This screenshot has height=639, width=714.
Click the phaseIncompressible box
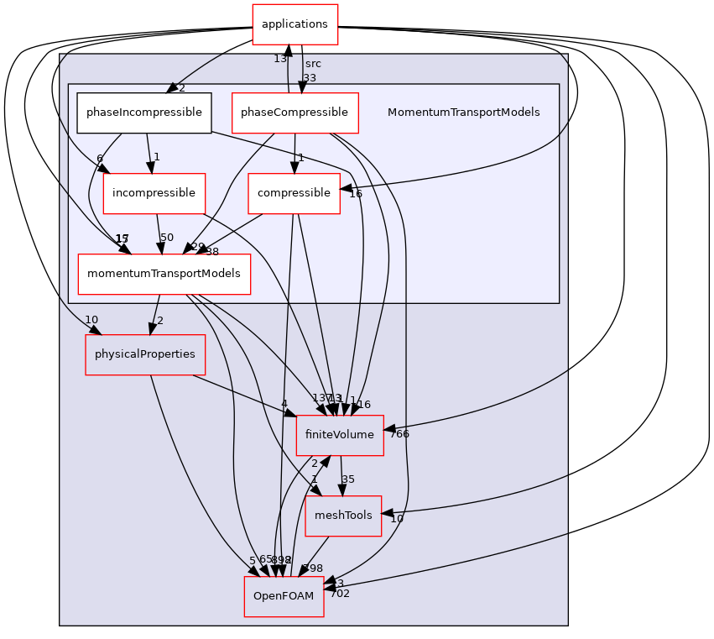(143, 113)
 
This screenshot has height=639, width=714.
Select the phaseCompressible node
(294, 113)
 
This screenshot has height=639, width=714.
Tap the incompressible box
(154, 193)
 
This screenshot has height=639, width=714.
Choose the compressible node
(294, 193)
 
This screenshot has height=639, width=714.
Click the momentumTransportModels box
(164, 274)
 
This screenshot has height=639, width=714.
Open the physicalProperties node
(144, 354)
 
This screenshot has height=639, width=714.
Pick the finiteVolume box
(340, 435)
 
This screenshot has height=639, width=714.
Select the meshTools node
(342, 516)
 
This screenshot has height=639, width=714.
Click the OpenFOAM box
(284, 596)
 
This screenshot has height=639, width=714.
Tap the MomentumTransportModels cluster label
(463, 113)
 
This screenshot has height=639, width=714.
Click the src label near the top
(313, 64)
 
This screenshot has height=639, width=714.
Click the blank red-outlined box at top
(295, 24)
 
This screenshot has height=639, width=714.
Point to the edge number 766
(399, 434)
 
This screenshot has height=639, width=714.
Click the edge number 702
(340, 594)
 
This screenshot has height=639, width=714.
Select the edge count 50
(167, 238)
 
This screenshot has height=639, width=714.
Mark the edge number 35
(348, 479)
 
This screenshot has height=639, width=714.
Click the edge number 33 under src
(310, 78)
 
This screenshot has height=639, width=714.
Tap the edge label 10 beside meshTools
(397, 519)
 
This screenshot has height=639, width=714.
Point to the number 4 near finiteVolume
(284, 404)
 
